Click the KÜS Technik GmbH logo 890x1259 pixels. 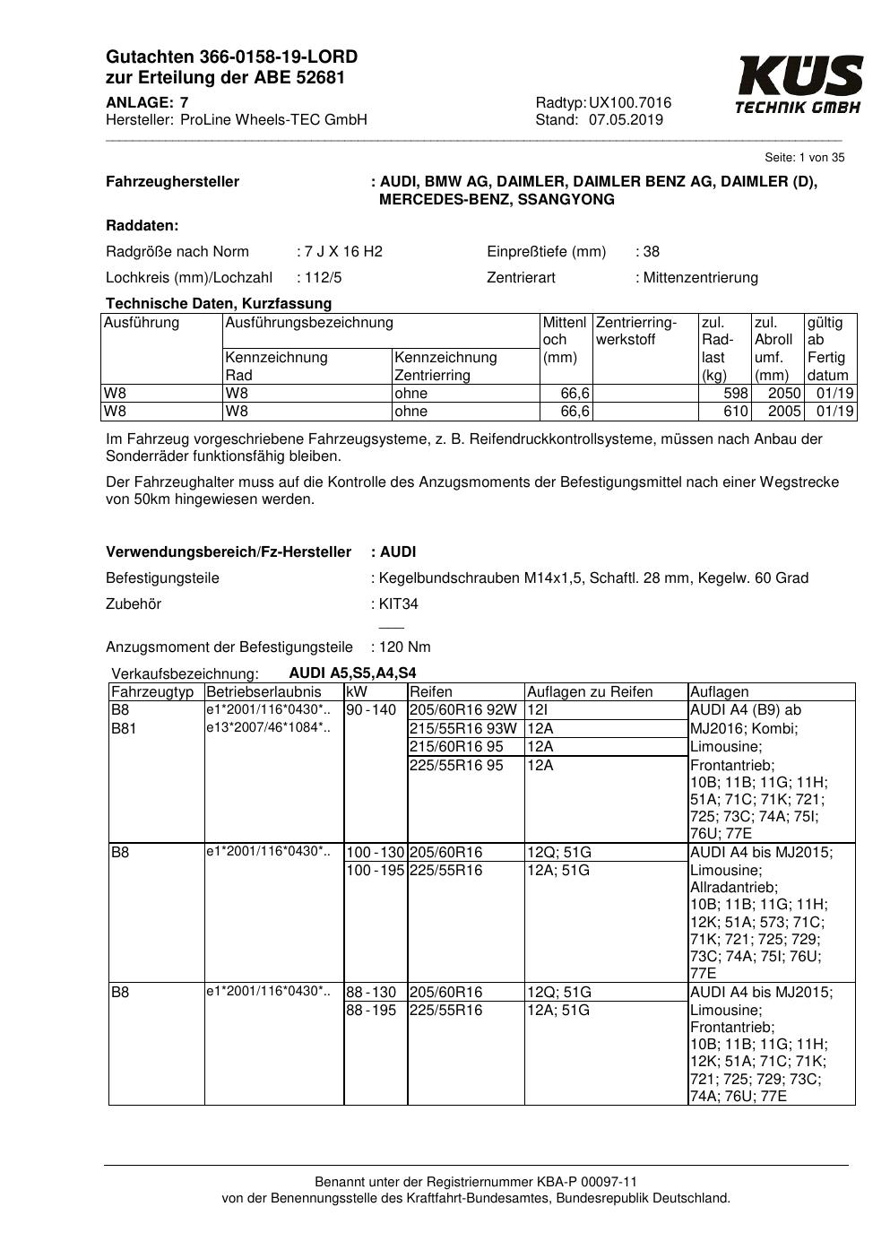point(799,84)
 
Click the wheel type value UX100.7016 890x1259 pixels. point(630,103)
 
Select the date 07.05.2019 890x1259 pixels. point(626,120)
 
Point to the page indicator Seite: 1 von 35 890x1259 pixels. point(804,158)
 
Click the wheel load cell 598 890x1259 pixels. point(736,394)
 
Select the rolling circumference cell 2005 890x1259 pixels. point(785,412)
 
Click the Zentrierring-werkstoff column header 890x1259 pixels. point(636,331)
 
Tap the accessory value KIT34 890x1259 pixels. point(399,603)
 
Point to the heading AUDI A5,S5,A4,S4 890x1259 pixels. point(352,673)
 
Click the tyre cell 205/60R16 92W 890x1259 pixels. point(463,710)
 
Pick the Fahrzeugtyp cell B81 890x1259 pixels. point(124,728)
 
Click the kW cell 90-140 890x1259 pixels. point(371,710)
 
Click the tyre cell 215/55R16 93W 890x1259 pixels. point(463,728)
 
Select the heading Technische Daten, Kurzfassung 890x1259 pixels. point(219,303)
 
